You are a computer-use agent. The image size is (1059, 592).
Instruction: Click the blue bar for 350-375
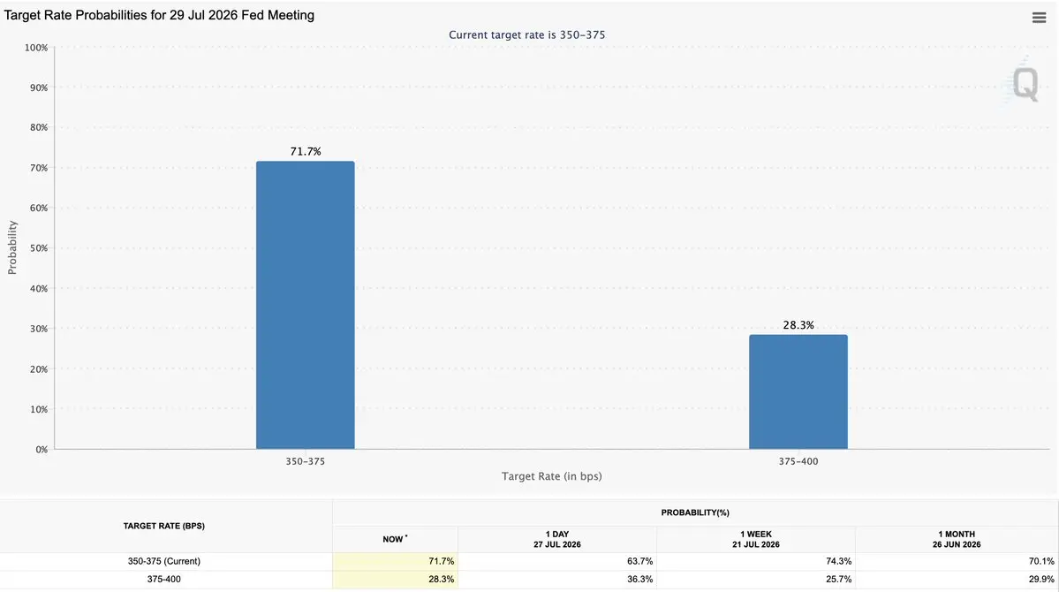[x=306, y=305]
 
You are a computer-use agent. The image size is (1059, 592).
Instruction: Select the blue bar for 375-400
[x=798, y=391]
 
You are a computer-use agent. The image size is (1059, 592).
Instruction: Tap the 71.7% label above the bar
[x=306, y=151]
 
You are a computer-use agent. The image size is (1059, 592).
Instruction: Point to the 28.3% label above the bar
[x=798, y=325]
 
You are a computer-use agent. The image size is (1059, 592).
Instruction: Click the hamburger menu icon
[x=1039, y=18]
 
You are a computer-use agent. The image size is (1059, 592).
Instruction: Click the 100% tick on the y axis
[x=36, y=48]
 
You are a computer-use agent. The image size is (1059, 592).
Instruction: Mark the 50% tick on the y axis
[x=39, y=248]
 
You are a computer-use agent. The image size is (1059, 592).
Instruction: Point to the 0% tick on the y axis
[x=42, y=450]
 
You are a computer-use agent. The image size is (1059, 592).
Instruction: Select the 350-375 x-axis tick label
[x=306, y=461]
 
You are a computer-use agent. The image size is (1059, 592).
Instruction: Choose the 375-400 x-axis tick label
[x=798, y=461]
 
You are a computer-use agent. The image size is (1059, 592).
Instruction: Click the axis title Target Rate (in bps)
[x=552, y=476]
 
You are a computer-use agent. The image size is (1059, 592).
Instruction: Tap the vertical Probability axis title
[x=12, y=248]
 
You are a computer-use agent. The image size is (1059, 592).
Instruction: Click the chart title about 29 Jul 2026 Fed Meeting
[x=159, y=15]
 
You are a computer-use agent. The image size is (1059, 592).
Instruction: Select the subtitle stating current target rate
[x=526, y=35]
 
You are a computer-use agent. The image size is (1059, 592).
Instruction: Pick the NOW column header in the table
[x=395, y=539]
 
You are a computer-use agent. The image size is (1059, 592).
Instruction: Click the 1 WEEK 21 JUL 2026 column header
[x=756, y=539]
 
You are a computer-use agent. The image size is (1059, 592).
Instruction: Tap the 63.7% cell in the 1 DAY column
[x=639, y=562]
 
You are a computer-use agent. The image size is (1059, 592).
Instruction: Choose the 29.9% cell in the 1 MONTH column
[x=1040, y=579]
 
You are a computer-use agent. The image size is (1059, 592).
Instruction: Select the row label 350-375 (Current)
[x=164, y=562]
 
